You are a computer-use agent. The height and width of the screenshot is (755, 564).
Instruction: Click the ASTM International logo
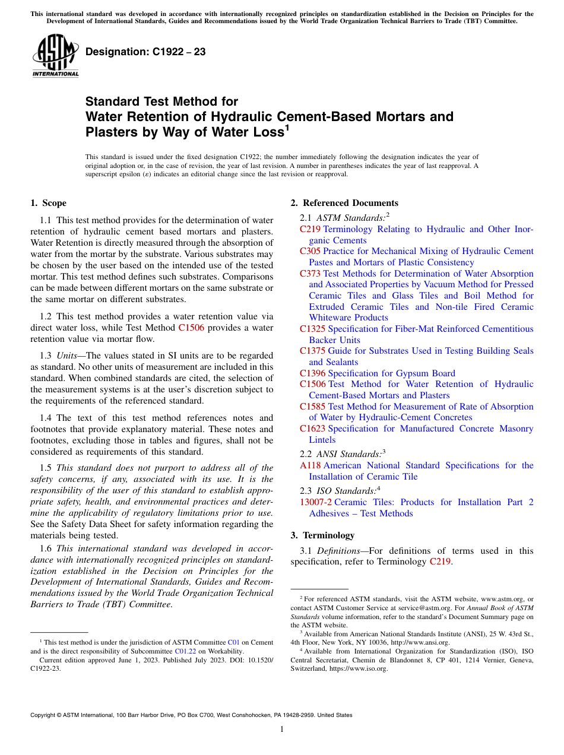tap(55, 56)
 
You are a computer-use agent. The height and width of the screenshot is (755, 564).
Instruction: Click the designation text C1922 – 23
tap(145, 52)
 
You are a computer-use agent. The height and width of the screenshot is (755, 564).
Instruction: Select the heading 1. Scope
tap(48, 203)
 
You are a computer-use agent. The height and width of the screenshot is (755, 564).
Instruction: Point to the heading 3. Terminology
tap(322, 535)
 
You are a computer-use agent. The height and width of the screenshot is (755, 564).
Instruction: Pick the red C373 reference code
tap(310, 274)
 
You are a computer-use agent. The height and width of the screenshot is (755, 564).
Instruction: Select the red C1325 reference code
tap(313, 329)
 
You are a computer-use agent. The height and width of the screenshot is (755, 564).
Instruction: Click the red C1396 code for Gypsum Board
tap(313, 373)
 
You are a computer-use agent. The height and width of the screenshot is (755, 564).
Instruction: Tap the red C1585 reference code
tap(313, 407)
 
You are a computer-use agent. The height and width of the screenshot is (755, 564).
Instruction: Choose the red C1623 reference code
tap(313, 429)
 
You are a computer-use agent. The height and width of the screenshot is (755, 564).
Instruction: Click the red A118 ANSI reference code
tap(310, 465)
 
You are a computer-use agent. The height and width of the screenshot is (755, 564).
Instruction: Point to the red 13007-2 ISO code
tap(316, 502)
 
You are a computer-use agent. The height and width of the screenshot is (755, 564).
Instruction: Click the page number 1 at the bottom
tap(282, 729)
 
